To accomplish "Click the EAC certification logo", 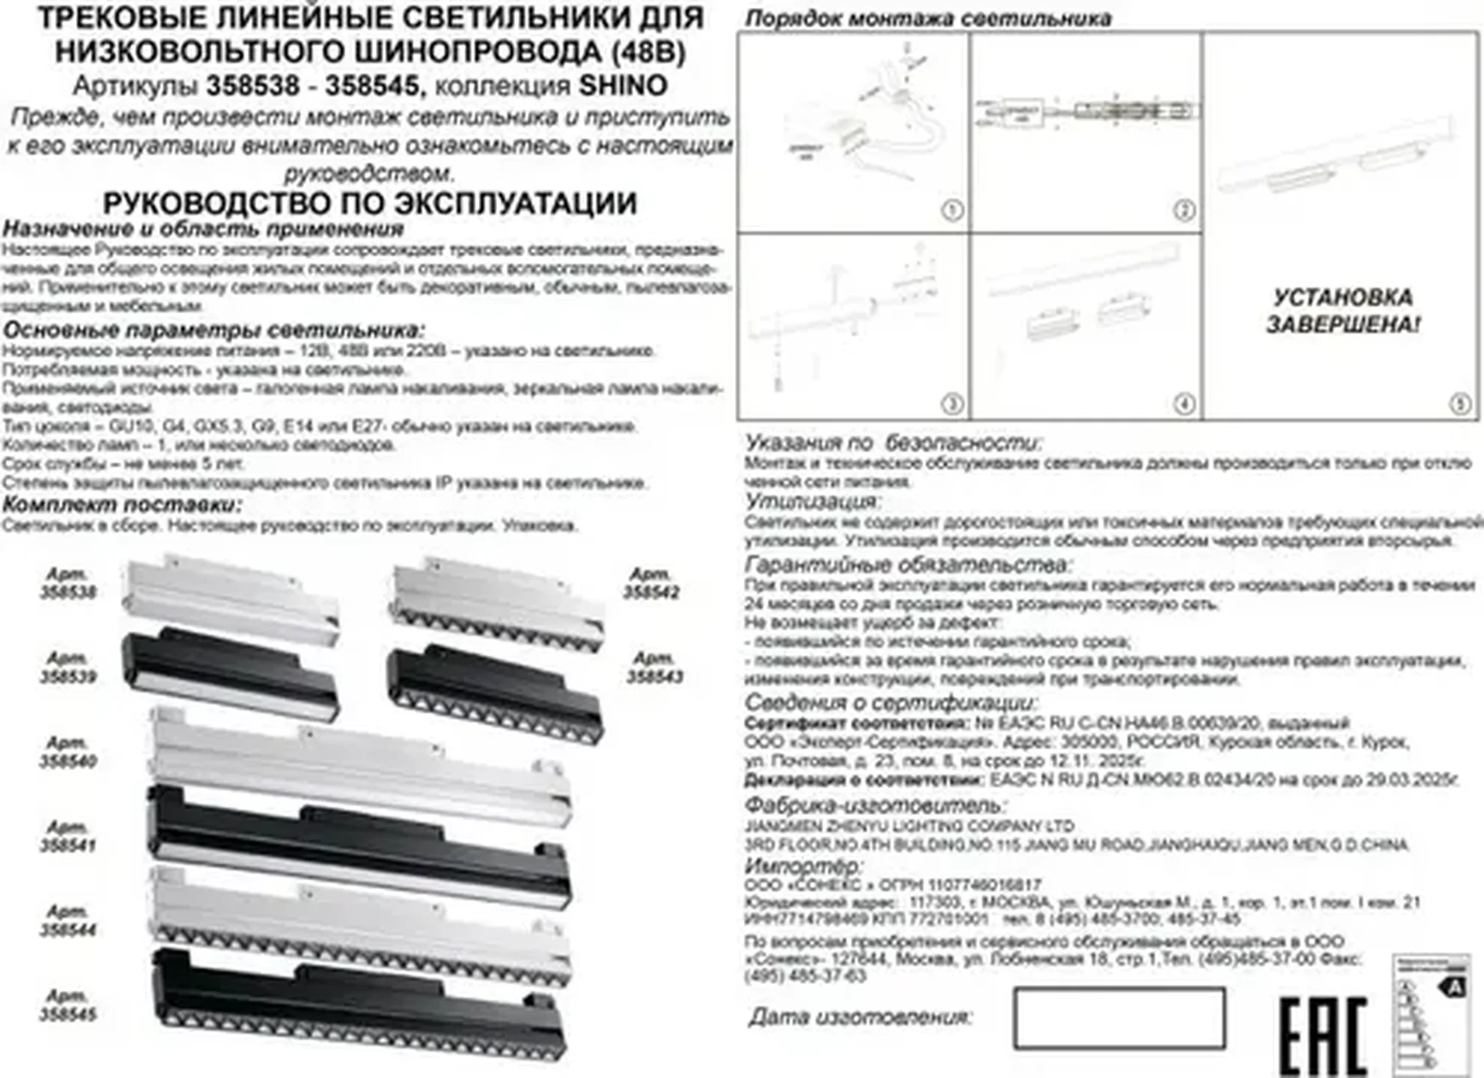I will point(1322,1035).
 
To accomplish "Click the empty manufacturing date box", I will point(1119,1018).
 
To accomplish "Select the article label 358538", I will point(68,583).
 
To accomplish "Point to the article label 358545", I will point(68,1006).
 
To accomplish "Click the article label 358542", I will point(651,583).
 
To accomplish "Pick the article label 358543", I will point(655,668).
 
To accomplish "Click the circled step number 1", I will point(952,211).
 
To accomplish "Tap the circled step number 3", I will point(952,404).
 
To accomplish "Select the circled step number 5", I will point(1460,404).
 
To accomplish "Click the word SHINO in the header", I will point(623,85).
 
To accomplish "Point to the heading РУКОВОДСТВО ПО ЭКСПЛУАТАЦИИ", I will point(370,204).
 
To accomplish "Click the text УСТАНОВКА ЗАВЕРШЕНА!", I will point(1343,311).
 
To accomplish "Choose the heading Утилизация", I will point(812,501).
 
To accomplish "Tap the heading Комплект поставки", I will point(122,504).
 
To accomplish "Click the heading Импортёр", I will point(802,865).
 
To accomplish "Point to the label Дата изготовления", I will point(859,1018).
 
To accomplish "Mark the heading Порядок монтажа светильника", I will point(928,18).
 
